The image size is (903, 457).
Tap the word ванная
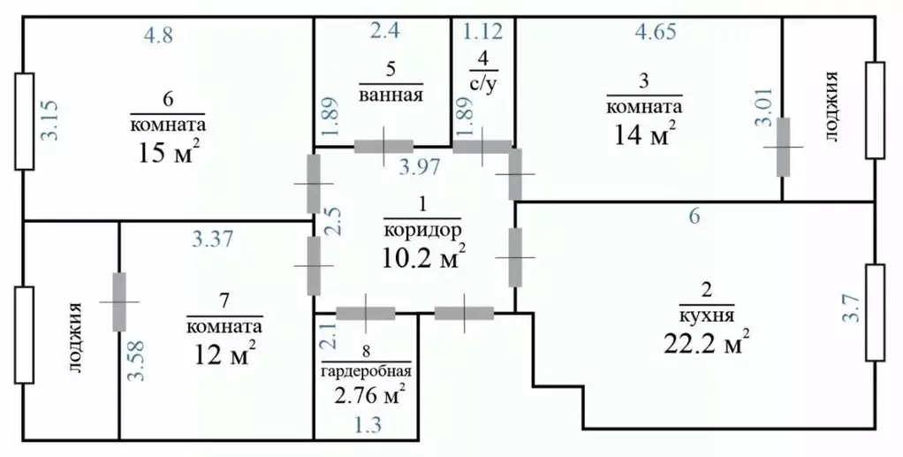point(391,95)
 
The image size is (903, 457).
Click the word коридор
point(422,228)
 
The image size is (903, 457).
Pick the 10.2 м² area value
point(422,257)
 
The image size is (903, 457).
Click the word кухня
point(707,314)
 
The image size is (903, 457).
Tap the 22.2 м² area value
point(707,340)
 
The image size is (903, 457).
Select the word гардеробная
point(366,371)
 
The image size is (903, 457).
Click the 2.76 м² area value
point(366,394)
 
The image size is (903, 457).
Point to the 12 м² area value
point(224,354)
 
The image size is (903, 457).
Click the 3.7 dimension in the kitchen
point(846,310)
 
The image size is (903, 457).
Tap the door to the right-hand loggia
point(783,147)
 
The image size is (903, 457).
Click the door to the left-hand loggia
point(118,301)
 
